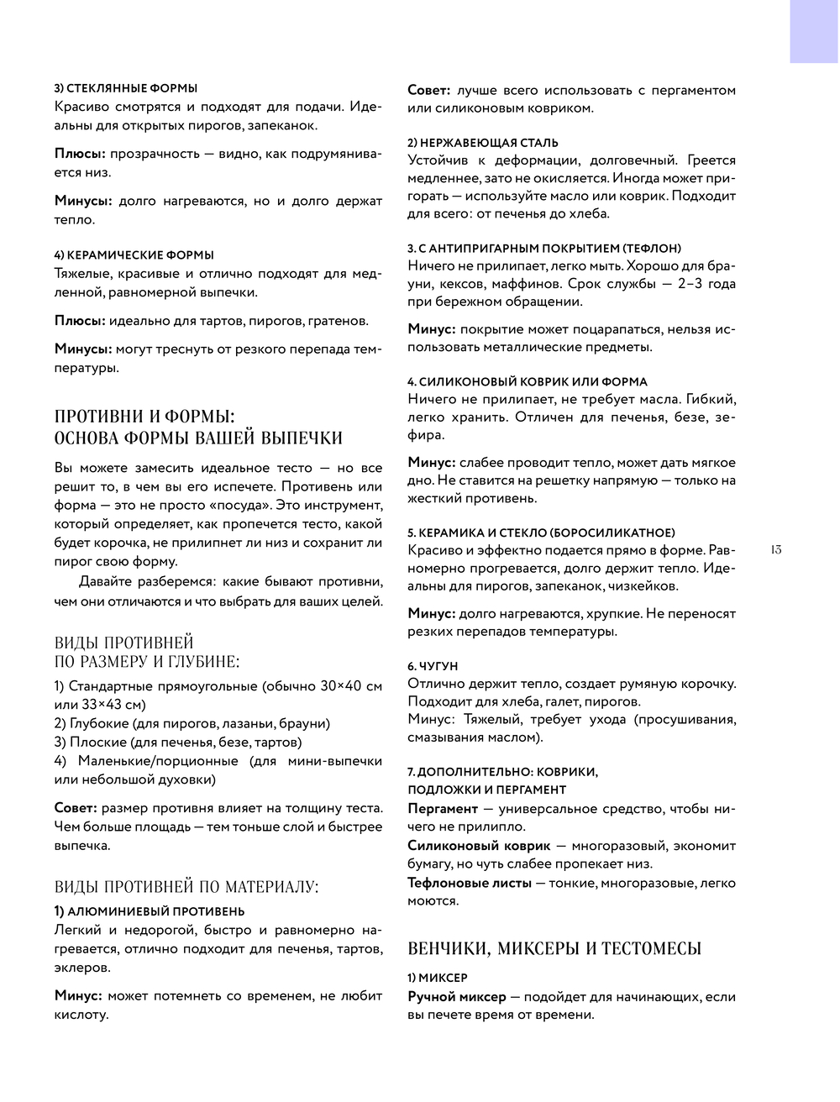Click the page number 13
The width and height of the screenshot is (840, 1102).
774,550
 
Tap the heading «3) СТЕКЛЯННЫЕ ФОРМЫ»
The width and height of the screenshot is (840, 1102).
126,88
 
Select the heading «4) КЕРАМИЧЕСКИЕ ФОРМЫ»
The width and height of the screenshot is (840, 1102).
134,255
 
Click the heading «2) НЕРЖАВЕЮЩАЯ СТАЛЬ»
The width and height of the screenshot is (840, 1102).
483,143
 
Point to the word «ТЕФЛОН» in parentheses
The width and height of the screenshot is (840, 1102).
652,249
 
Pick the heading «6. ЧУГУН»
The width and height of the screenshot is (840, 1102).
433,665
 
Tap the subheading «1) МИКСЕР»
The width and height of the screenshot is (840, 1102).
438,978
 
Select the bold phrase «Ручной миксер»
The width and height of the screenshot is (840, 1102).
457,997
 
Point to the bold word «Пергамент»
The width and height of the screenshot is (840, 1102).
443,809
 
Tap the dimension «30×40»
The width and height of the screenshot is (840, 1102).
343,686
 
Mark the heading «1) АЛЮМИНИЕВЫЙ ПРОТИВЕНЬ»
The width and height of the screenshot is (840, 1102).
150,911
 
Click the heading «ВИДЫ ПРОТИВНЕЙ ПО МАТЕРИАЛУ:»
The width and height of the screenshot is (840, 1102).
186,886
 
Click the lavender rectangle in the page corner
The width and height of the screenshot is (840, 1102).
813,31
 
